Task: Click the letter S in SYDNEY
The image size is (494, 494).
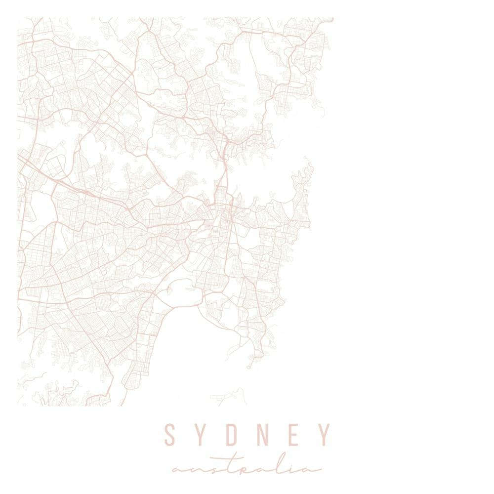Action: point(170,435)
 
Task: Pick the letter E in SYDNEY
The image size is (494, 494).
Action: point(293,435)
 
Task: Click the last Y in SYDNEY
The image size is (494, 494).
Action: point(324,435)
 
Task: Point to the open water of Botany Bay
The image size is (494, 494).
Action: point(198,341)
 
